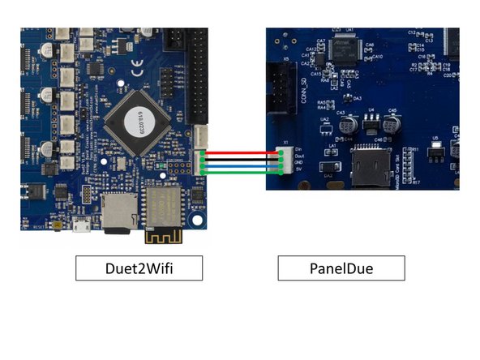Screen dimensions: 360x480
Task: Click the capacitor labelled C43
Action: [349, 125]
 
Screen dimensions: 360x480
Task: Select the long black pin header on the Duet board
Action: [197, 73]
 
